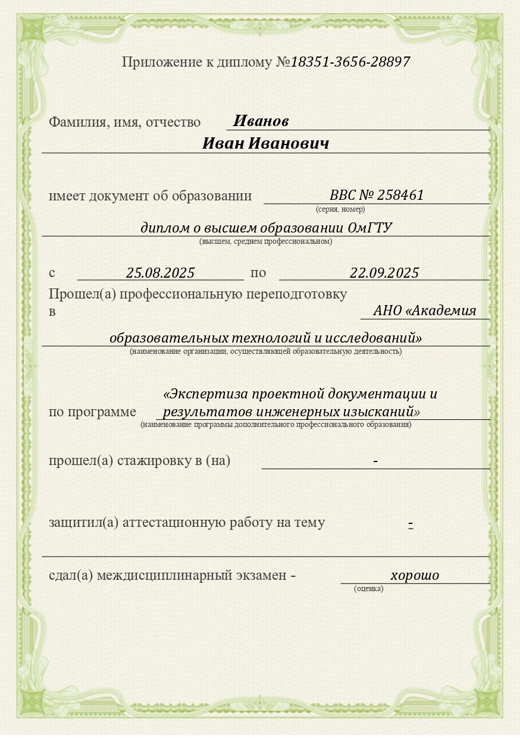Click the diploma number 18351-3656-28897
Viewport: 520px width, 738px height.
(350, 62)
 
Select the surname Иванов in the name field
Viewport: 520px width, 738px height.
(261, 121)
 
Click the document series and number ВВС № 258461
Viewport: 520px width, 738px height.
(377, 196)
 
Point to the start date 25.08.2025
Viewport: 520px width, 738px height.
(161, 273)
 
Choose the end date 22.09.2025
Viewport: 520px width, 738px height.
(384, 273)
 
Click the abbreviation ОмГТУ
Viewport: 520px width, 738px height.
(370, 228)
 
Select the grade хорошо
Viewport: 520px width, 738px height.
(415, 576)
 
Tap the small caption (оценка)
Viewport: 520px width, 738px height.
(369, 589)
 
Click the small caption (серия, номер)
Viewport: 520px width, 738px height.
(340, 209)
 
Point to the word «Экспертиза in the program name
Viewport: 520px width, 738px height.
(206, 394)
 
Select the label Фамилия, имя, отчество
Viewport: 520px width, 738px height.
(124, 123)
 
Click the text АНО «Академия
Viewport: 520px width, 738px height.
(425, 311)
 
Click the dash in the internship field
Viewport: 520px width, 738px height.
(375, 461)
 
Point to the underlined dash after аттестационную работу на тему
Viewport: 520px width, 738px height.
(411, 524)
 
